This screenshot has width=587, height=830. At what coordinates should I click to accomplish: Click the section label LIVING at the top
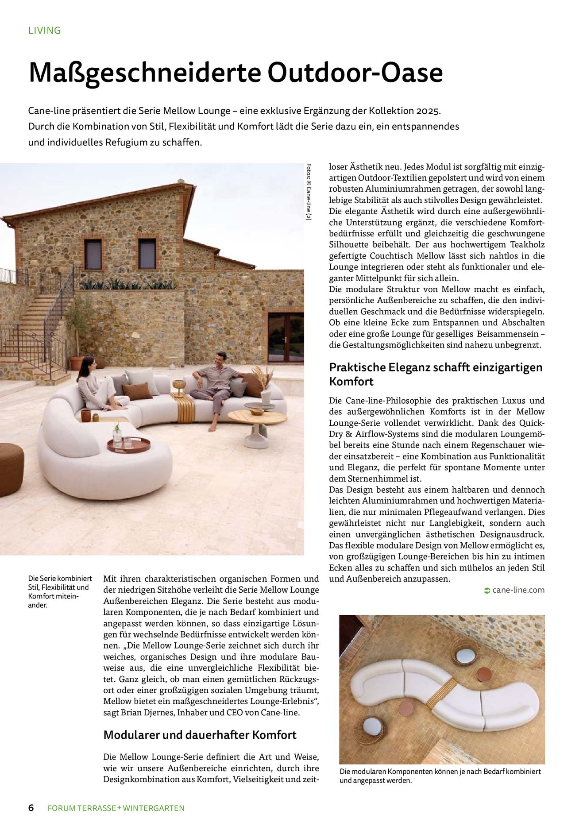pos(44,31)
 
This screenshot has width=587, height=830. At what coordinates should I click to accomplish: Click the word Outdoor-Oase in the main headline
pos(355,73)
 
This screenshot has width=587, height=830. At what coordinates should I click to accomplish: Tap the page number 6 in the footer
pos(31,807)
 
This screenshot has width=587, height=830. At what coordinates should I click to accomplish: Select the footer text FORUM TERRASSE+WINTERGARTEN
pos(116,808)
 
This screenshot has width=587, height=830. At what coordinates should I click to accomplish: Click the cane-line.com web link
pos(518,590)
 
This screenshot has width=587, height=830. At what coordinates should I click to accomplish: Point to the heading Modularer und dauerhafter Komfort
pos(200,735)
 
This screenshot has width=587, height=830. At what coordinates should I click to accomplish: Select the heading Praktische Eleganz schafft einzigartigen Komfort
pos(436,374)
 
